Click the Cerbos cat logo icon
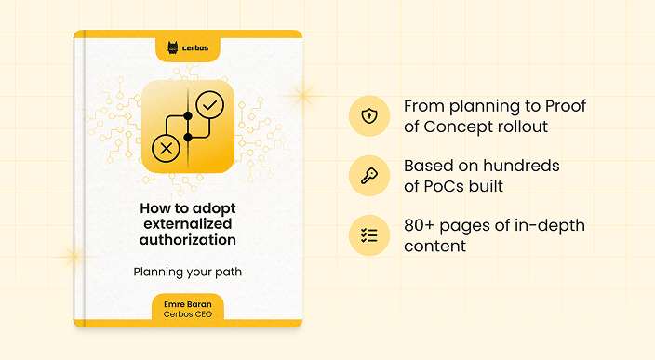tap(173, 47)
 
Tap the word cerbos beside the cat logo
tap(196, 47)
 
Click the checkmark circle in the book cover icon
tap(209, 105)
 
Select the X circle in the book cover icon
tap(166, 147)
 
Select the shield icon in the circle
tap(369, 116)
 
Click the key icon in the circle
tap(369, 176)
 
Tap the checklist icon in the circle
tap(369, 235)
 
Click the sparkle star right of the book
tap(301, 92)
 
